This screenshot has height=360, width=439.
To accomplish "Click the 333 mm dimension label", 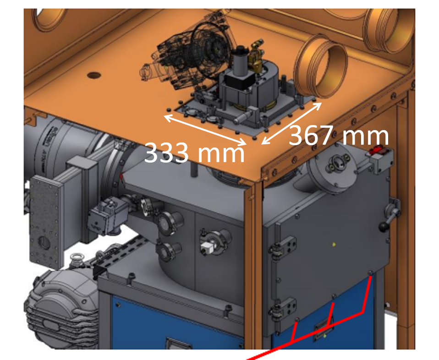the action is (x=194, y=152).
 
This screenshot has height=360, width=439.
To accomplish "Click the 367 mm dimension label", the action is (x=339, y=136).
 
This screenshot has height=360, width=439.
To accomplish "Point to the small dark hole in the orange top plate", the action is (x=94, y=75).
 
